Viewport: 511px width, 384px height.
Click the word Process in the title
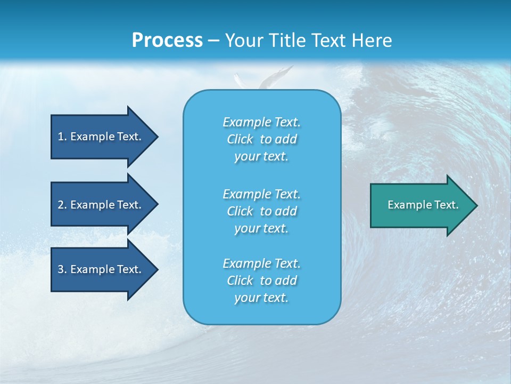coord(167,41)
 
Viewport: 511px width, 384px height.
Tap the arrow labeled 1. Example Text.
coord(101,137)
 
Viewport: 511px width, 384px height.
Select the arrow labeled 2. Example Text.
coord(101,205)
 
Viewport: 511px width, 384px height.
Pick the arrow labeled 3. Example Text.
coord(101,269)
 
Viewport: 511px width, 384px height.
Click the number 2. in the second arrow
coord(62,205)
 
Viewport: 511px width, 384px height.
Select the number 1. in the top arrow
coord(62,137)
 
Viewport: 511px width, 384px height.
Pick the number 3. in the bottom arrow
coord(62,269)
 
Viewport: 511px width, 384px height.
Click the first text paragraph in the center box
coord(261,139)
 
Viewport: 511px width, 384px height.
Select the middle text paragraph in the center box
coord(261,211)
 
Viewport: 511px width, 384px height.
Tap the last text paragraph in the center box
coord(261,281)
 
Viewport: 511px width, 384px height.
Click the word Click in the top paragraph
coord(240,139)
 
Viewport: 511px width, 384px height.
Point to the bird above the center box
coord(266,79)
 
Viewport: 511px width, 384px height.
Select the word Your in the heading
coord(243,41)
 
